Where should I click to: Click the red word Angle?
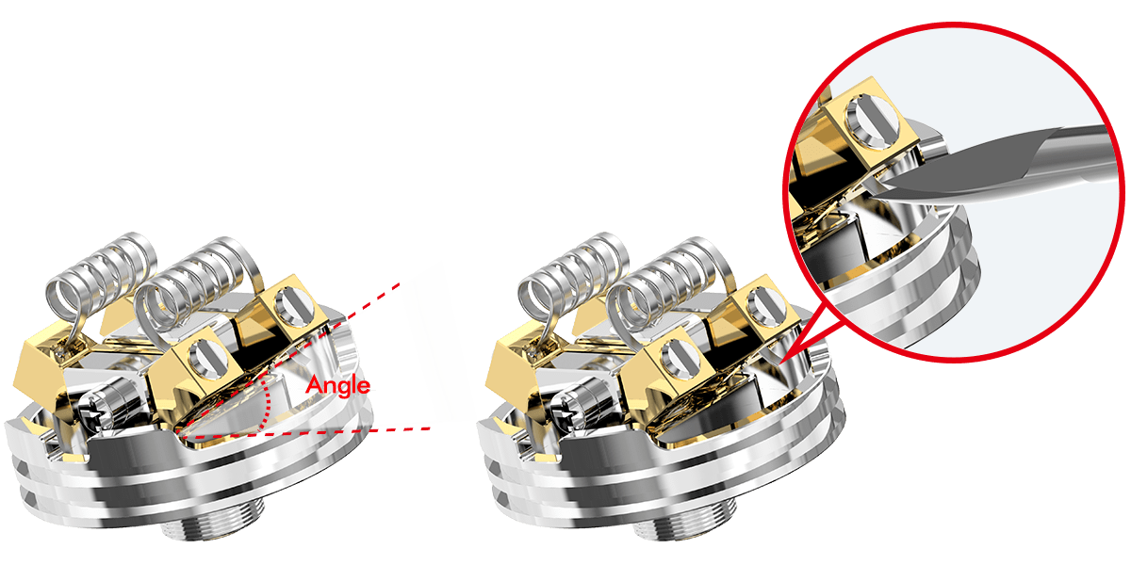click(337, 386)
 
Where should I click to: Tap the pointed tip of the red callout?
click(780, 363)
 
